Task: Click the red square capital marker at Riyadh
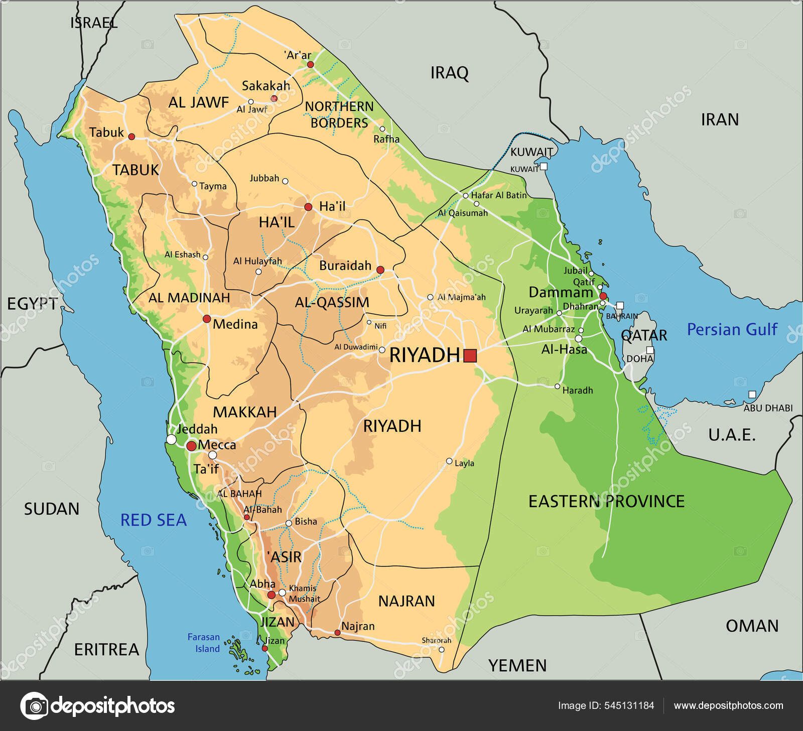[470, 355]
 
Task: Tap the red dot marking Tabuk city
[131, 137]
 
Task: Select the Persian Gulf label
[732, 330]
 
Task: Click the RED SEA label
[154, 520]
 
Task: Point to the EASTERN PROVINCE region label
[606, 501]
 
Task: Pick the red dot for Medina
[206, 319]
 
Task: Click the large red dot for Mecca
[191, 446]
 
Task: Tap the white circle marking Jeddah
[171, 440]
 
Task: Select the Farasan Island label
[204, 643]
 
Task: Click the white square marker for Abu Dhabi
[752, 395]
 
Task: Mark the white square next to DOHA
[650, 350]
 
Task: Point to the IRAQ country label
[449, 73]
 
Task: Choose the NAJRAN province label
[407, 601]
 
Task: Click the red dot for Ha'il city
[308, 207]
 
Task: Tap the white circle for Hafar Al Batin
[466, 196]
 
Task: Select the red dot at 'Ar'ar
[310, 64]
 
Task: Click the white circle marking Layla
[449, 461]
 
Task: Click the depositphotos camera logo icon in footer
[34, 706]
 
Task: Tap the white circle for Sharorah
[441, 649]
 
